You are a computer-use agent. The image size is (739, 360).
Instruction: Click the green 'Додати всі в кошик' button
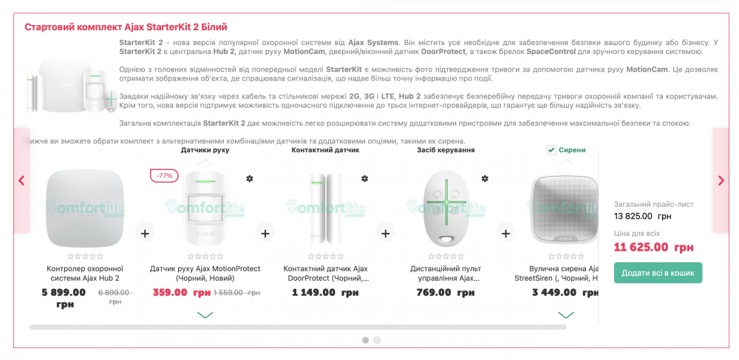coord(658,273)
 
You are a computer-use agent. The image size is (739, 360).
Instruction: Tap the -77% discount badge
coord(164,176)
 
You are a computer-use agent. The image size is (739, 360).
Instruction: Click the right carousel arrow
coord(721,180)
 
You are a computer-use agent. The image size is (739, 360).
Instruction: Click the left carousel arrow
coord(21,180)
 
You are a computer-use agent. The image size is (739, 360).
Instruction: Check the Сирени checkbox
coord(551,150)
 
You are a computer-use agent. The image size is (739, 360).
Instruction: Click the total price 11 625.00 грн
coord(653,248)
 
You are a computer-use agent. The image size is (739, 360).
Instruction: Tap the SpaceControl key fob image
coord(445,208)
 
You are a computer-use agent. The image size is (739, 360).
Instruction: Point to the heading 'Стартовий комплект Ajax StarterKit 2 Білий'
coord(126,27)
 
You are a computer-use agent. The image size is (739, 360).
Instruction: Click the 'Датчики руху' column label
coord(205,150)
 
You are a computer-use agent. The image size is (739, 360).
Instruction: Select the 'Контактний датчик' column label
coord(325,150)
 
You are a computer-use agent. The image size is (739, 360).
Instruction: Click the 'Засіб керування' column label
coord(446,150)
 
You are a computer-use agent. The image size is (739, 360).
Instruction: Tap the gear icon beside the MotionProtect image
coord(249,179)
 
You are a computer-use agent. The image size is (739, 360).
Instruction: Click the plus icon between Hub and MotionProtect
coord(145,234)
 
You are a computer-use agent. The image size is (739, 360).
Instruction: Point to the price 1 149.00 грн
coord(325,293)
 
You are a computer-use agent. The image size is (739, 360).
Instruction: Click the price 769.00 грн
coord(445,293)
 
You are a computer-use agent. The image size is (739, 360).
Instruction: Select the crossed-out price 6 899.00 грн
coord(115,293)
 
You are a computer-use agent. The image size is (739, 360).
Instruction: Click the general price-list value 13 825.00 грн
coord(642,217)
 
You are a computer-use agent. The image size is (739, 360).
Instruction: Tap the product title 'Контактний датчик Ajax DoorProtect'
coord(325,274)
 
